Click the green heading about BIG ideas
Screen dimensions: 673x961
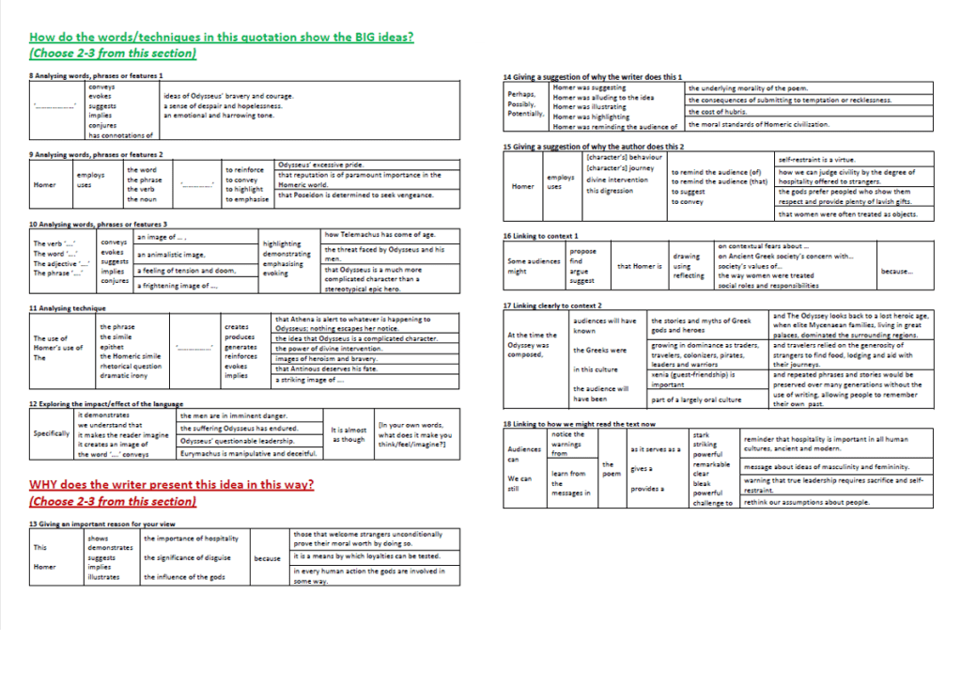[222, 38]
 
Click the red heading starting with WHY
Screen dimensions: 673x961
[171, 485]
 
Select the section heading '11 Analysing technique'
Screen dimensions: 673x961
[68, 308]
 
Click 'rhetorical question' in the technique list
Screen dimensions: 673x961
[132, 366]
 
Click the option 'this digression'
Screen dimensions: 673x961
[609, 191]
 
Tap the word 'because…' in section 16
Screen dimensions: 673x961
[896, 272]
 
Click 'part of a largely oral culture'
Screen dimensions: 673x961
[696, 399]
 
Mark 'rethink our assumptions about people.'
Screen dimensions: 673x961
[807, 502]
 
